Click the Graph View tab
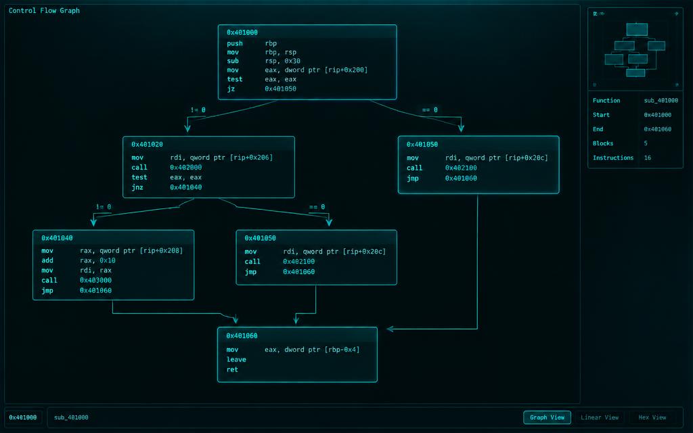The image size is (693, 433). pyautogui.click(x=547, y=417)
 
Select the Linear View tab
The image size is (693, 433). pyautogui.click(x=600, y=417)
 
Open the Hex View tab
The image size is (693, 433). pyautogui.click(x=652, y=417)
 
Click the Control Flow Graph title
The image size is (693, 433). pyautogui.click(x=44, y=10)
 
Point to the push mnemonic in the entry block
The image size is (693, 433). pyautogui.click(x=235, y=43)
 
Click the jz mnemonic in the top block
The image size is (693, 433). pyautogui.click(x=231, y=89)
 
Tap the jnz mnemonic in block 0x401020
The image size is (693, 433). pyautogui.click(x=137, y=187)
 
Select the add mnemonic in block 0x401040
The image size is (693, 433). pyautogui.click(x=47, y=260)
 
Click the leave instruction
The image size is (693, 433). pyautogui.click(x=236, y=360)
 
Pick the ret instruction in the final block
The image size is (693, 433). pyautogui.click(x=232, y=369)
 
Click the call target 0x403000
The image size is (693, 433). pyautogui.click(x=95, y=280)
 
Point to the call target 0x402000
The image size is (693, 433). pyautogui.click(x=185, y=168)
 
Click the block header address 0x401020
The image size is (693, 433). pyautogui.click(x=147, y=145)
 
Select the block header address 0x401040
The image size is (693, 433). pyautogui.click(x=57, y=238)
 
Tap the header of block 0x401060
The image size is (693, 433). pyautogui.click(x=242, y=336)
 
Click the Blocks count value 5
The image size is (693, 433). pyautogui.click(x=646, y=143)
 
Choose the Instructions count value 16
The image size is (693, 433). pyautogui.click(x=648, y=158)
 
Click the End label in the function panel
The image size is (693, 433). pyautogui.click(x=598, y=129)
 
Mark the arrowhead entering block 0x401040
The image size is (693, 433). pyautogui.click(x=93, y=221)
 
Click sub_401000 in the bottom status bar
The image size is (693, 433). pyautogui.click(x=71, y=417)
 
